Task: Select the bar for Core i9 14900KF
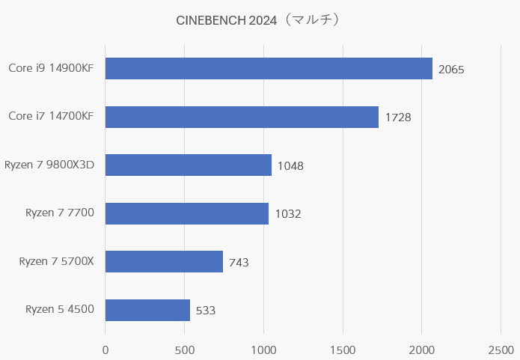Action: pos(269,69)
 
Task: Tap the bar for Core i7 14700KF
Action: pos(242,117)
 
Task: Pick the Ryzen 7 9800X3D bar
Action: pos(189,165)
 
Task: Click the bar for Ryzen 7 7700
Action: pos(187,213)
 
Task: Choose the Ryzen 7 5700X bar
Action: pos(164,261)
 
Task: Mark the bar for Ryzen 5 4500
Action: pos(147,310)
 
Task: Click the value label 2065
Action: pos(451,70)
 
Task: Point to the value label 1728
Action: pos(398,118)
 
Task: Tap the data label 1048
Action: pos(290,166)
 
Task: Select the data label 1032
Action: pos(288,214)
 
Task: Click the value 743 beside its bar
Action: pos(239,262)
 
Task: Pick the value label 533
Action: pos(206,311)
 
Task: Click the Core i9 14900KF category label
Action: pos(51,69)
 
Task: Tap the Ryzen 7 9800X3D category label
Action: pos(49,165)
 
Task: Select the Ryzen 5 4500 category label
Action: pos(60,309)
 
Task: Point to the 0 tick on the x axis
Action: pos(105,350)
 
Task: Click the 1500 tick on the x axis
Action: pos(343,350)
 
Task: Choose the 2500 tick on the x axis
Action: pos(501,350)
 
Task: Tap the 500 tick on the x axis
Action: pos(185,350)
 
